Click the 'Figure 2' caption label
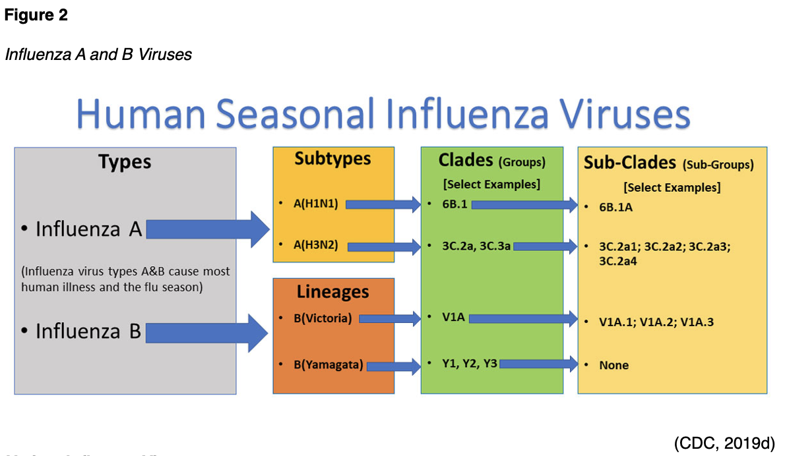36,16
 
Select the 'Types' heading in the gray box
125,161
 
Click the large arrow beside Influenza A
208,229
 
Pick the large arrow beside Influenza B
206,331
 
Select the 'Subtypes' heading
332,159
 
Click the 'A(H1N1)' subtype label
316,204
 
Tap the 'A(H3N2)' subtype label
316,246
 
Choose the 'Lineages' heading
332,292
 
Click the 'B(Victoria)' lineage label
322,319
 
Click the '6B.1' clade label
455,204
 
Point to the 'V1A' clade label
454,318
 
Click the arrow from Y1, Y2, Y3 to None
538,363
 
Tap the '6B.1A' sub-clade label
615,207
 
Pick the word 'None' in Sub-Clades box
613,365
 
